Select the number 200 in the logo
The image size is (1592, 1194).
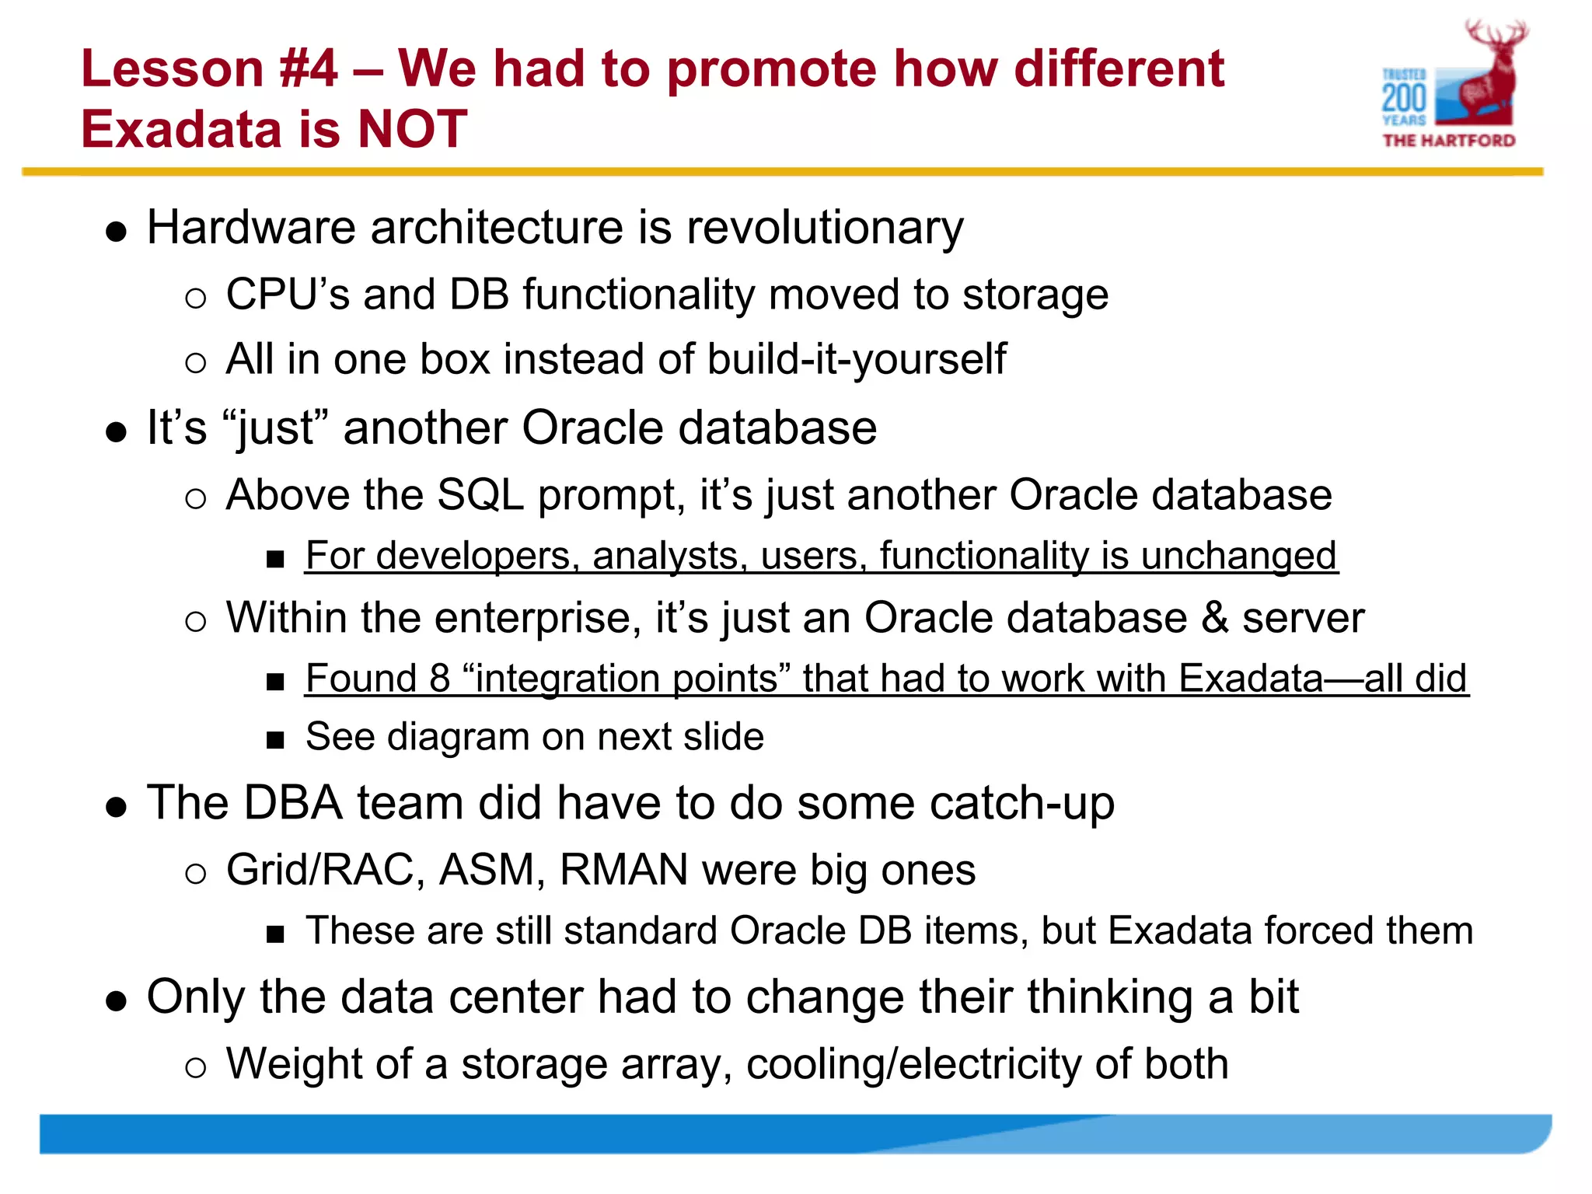tap(1404, 99)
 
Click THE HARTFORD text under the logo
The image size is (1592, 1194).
tap(1449, 141)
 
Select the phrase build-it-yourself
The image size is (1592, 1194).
tap(856, 360)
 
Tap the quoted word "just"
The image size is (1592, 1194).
tap(275, 428)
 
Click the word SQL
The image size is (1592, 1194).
tap(480, 495)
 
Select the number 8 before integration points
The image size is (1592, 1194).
tap(440, 679)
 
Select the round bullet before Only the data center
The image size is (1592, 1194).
tap(116, 1001)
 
